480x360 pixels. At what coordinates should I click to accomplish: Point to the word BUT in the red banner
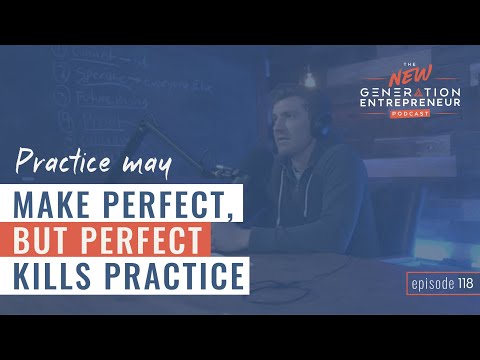click(x=49, y=240)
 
